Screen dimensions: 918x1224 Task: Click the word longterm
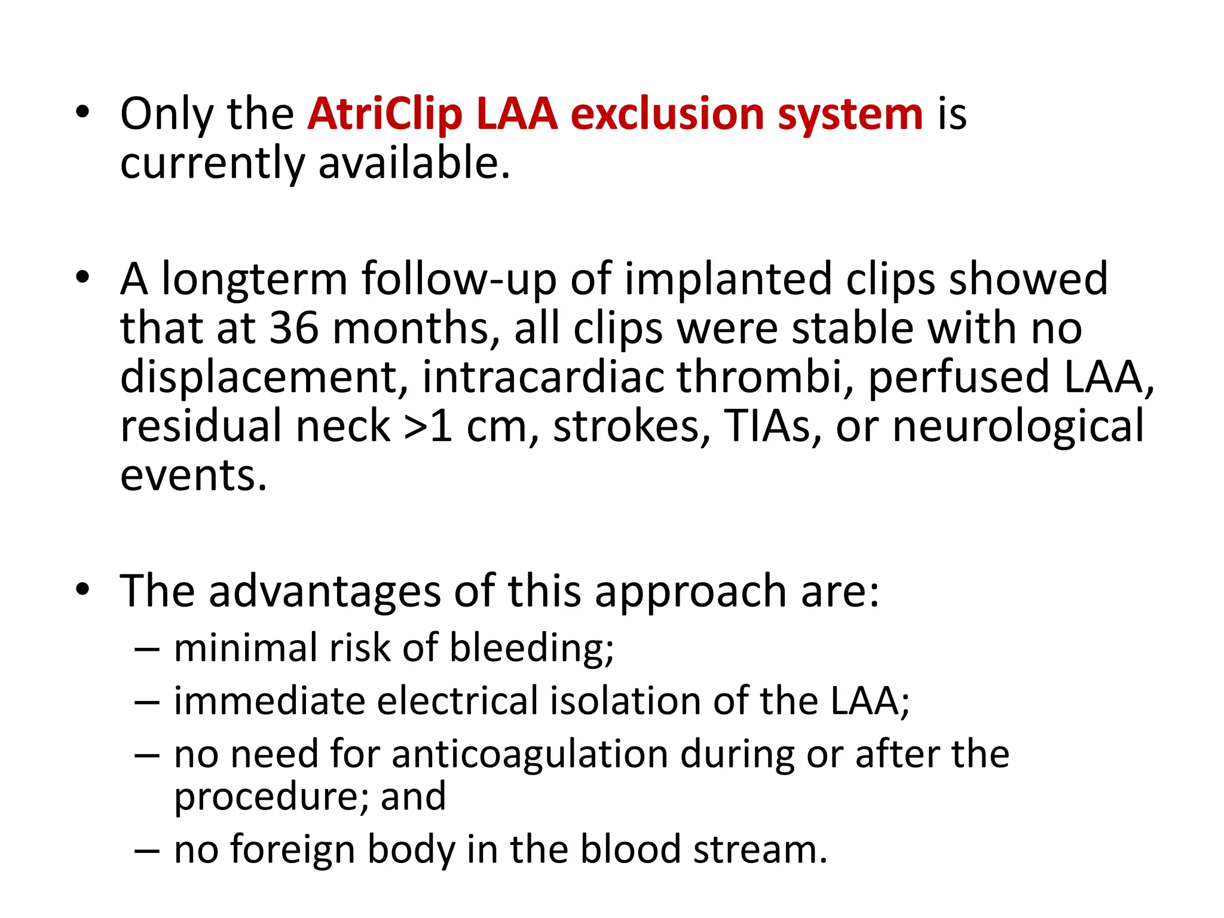(x=255, y=280)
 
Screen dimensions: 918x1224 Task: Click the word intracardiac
(x=543, y=377)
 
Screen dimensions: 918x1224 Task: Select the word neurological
(x=1018, y=427)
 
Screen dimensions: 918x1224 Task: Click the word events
(x=193, y=475)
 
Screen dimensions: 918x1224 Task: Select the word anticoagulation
(x=530, y=754)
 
